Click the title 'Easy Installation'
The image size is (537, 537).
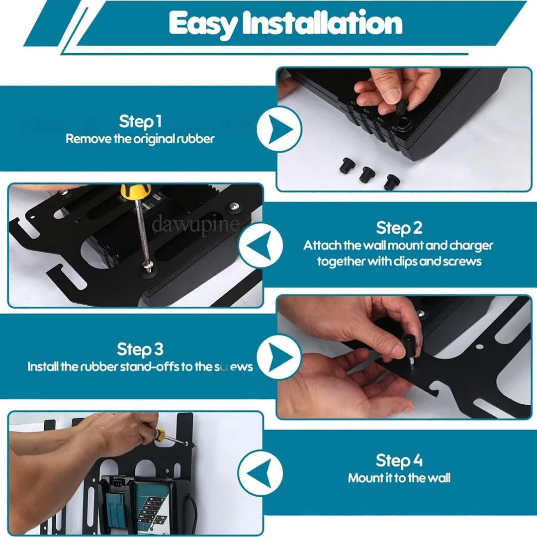(285, 23)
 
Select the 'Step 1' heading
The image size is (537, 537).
(140, 121)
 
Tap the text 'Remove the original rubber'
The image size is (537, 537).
(140, 139)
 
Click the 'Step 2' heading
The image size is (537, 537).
(399, 228)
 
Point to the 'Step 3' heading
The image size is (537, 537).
(140, 349)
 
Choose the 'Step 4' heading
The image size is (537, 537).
(399, 460)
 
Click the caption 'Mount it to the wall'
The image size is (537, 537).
(399, 478)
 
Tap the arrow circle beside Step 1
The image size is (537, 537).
(279, 129)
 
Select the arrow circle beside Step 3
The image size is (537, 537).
(279, 357)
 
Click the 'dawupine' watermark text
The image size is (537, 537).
(196, 223)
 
